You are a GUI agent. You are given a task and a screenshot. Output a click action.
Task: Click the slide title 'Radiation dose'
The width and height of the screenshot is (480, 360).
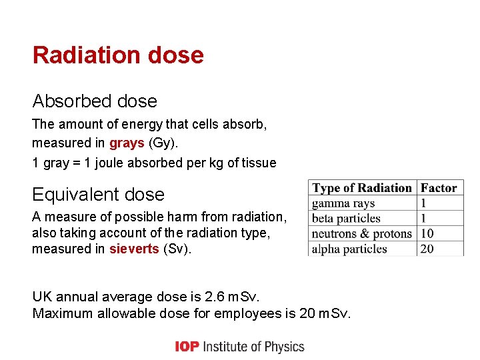pyautogui.click(x=118, y=55)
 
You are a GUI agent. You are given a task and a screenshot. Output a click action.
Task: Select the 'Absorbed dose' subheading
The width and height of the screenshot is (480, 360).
pyautogui.click(x=95, y=101)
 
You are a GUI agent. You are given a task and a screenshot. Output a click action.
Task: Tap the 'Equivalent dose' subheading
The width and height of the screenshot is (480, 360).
pyautogui.click(x=98, y=195)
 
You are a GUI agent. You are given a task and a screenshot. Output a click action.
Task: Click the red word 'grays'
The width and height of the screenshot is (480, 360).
pyautogui.click(x=127, y=143)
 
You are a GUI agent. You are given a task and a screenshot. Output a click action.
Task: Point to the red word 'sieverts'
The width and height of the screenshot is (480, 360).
pyautogui.click(x=134, y=249)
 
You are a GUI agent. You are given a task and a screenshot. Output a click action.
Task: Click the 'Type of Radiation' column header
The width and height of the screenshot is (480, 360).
pyautogui.click(x=362, y=188)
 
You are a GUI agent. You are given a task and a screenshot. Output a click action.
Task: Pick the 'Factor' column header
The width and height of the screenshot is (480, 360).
pyautogui.click(x=439, y=188)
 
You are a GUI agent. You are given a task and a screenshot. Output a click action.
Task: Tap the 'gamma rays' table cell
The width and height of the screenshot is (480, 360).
pyautogui.click(x=343, y=203)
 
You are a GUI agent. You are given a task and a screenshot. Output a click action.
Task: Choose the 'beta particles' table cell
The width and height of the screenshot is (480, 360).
pyautogui.click(x=346, y=219)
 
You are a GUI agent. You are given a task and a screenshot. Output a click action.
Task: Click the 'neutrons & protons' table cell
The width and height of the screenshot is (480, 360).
pyautogui.click(x=362, y=234)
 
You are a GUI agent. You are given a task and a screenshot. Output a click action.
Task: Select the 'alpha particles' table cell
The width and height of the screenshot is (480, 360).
pyautogui.click(x=349, y=249)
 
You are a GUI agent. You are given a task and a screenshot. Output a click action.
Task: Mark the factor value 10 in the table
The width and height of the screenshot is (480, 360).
pyautogui.click(x=427, y=234)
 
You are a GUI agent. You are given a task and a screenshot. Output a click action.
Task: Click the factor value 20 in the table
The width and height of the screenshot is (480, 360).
pyautogui.click(x=427, y=249)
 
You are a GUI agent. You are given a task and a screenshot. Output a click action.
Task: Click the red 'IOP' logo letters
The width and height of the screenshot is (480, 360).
pyautogui.click(x=187, y=347)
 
